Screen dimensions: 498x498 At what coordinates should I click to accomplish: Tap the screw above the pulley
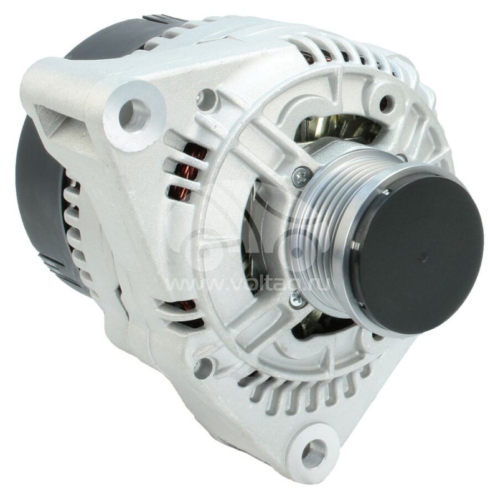(x=302, y=177)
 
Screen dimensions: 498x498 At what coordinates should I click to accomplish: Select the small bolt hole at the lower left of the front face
(x=203, y=367)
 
